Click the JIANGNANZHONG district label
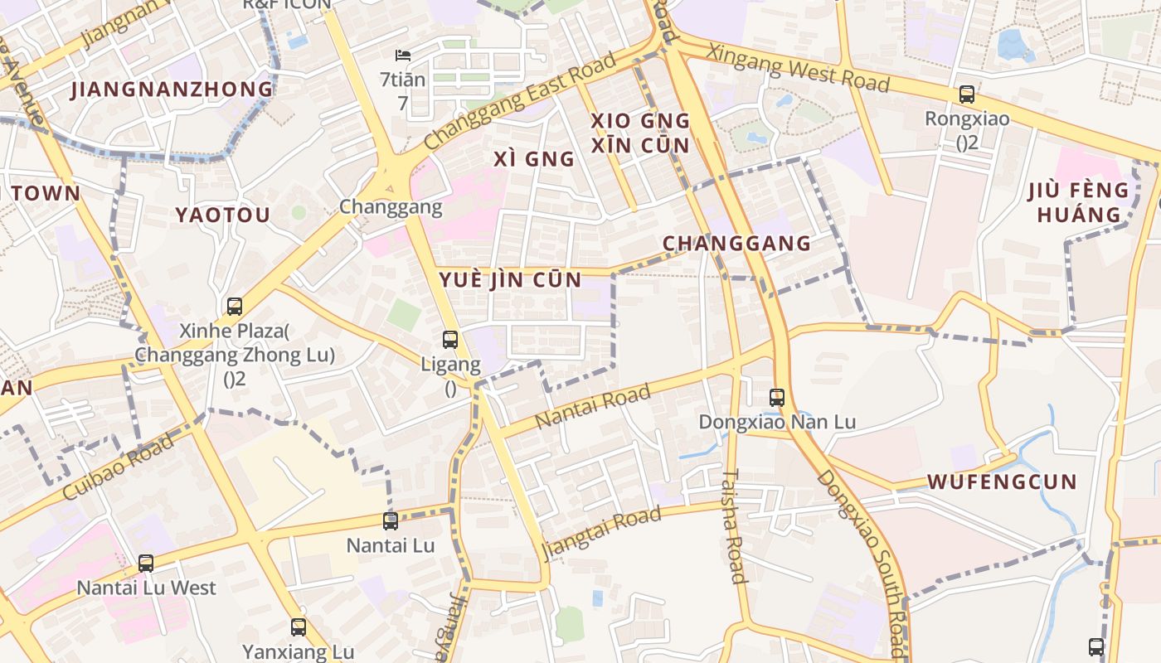172,90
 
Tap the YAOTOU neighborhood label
222,215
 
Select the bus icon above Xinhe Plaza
235,307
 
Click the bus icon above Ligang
450,340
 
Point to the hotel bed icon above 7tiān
403,56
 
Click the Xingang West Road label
797,68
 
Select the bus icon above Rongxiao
967,94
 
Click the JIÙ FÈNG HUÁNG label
1079,202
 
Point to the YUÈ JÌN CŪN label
510,279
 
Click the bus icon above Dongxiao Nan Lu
777,398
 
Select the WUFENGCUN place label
1002,482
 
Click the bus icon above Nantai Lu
391,521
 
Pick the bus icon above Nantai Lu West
146,564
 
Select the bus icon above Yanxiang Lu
299,627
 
